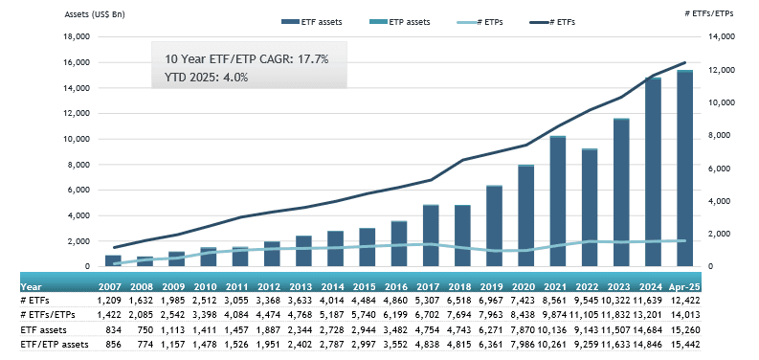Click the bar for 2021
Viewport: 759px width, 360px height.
[558, 201]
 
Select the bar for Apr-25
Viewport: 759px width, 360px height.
[685, 169]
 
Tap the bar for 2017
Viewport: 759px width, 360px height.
[431, 236]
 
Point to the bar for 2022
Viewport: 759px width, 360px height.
[590, 208]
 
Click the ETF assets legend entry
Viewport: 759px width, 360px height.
[312, 22]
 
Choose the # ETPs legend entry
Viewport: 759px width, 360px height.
[479, 22]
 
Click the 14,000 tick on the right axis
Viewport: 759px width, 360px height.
[721, 36]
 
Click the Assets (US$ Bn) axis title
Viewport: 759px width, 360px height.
[95, 14]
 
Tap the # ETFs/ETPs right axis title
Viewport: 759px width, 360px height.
[708, 13]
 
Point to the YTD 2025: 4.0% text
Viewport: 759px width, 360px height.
[207, 77]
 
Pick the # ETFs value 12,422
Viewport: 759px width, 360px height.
[686, 301]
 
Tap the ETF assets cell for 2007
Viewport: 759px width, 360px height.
[114, 330]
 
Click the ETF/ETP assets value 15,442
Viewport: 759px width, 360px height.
[686, 345]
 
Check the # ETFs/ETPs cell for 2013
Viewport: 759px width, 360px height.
[303, 315]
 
